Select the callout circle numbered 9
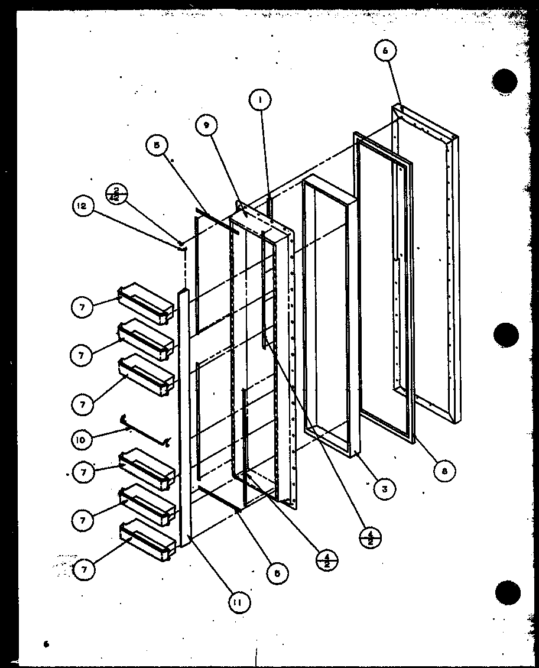(206, 125)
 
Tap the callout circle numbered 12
(82, 207)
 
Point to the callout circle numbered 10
(82, 439)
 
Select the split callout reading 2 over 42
(116, 193)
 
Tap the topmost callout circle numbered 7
(82, 307)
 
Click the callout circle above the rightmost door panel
(385, 51)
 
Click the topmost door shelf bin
(147, 303)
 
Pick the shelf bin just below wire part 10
(147, 469)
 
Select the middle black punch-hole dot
(506, 336)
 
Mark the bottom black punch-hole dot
(508, 592)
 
